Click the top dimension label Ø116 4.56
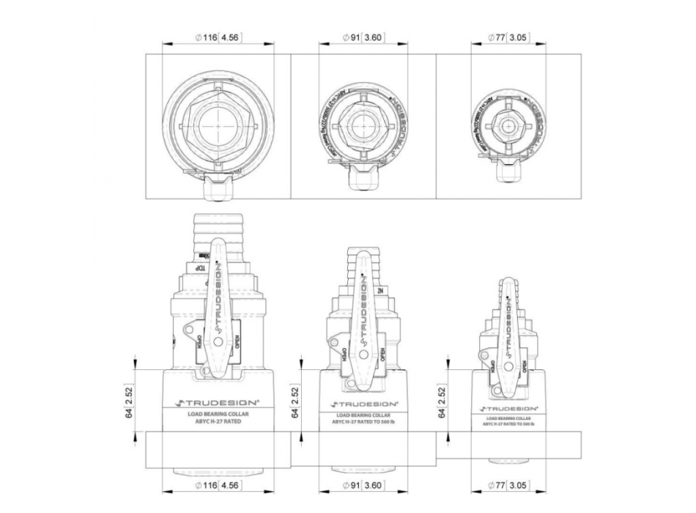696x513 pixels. (218, 37)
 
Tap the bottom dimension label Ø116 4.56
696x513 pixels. (218, 484)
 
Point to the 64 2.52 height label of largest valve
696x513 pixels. (130, 402)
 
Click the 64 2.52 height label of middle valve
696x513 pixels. (295, 402)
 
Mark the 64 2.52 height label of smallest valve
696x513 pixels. (443, 402)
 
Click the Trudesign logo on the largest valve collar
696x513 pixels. (218, 402)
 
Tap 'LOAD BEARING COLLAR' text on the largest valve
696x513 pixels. (218, 413)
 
